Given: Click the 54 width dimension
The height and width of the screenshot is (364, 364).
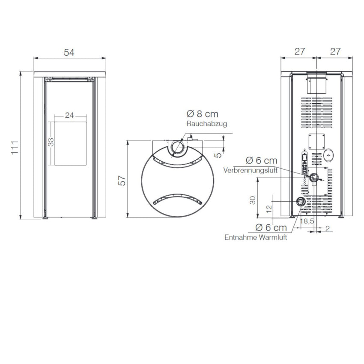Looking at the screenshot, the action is [69, 53].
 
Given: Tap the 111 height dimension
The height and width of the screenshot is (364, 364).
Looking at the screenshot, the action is [15, 147].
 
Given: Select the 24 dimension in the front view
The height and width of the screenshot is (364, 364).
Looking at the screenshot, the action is [69, 115].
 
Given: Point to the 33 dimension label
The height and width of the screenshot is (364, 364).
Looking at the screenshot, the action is [51, 142].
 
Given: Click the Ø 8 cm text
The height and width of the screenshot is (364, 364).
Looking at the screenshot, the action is [203, 114].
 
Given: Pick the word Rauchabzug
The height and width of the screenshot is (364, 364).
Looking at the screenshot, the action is [206, 123].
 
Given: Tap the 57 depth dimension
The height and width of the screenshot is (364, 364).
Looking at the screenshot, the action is [122, 181].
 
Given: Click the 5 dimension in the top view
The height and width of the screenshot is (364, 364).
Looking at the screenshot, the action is [218, 155].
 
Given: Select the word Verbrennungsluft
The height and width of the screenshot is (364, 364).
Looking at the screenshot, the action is [250, 170].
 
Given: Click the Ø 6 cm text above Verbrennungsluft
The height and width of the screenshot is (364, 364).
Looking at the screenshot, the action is [261, 160].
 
